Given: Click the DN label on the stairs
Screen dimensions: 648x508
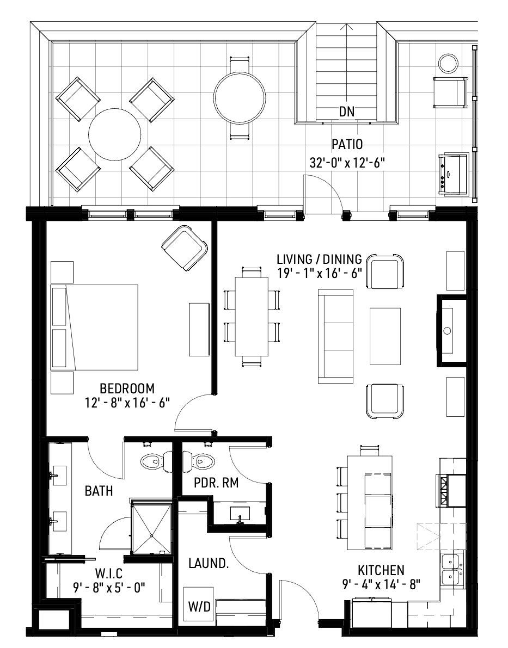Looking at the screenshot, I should point(347,112).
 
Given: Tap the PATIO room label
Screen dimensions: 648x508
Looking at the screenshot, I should point(347,145).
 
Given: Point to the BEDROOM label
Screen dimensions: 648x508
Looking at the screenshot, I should point(127,388).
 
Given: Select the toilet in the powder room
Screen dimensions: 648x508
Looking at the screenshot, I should point(201,462).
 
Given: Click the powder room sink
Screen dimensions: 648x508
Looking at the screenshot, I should point(239,513).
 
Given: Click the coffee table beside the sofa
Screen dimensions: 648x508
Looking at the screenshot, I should point(386,336).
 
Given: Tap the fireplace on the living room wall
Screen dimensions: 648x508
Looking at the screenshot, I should point(451,330).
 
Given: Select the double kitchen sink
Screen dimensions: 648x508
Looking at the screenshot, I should point(451,569).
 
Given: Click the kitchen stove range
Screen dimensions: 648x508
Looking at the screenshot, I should point(451,490).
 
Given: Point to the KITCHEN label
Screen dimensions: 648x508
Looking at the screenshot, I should point(381,570).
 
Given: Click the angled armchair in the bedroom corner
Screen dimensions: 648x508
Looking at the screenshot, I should point(185,248).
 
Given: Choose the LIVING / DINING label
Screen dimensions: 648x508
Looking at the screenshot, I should point(319,258).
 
